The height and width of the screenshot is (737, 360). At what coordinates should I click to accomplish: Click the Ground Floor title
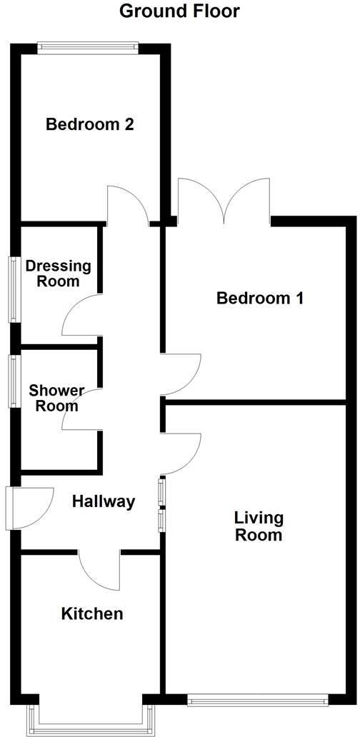coord(179,11)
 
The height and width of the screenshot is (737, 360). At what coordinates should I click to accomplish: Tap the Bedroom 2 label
coord(90,124)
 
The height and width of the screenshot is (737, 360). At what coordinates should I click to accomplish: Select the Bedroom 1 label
coord(260,298)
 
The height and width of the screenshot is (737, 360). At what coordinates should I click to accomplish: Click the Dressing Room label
coord(59,274)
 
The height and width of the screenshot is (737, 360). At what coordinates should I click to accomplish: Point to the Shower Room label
coord(56,398)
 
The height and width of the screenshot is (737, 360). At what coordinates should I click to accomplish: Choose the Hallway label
coord(104,501)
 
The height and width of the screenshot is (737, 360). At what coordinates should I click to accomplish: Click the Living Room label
coord(259,526)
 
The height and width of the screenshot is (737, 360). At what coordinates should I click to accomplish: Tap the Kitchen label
coord(91,613)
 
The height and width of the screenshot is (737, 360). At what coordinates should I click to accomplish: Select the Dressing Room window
coord(13,289)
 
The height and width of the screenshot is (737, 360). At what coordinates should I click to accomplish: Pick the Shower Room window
coord(13,381)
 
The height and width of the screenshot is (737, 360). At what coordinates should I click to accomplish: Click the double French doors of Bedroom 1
coord(224,202)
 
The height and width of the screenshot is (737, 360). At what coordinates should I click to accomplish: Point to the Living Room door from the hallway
coord(181,453)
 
